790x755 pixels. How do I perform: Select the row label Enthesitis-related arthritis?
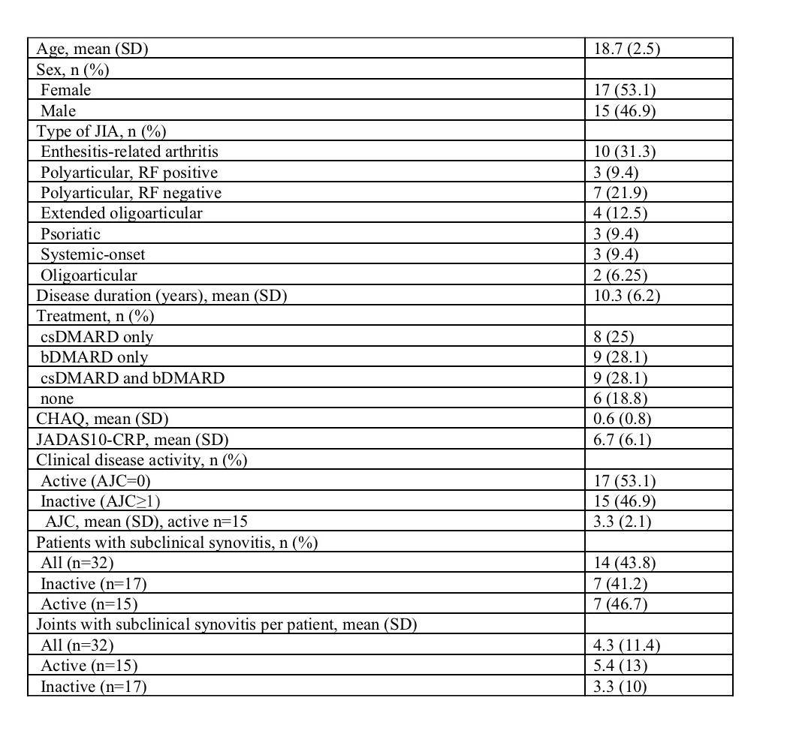[x=129, y=152]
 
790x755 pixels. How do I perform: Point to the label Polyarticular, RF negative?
[x=131, y=193]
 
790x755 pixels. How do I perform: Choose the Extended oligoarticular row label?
[x=121, y=213]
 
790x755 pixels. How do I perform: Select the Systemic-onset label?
[x=92, y=254]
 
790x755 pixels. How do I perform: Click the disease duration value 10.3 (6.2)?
[x=626, y=296]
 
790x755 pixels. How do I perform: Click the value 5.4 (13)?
[x=619, y=666]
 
